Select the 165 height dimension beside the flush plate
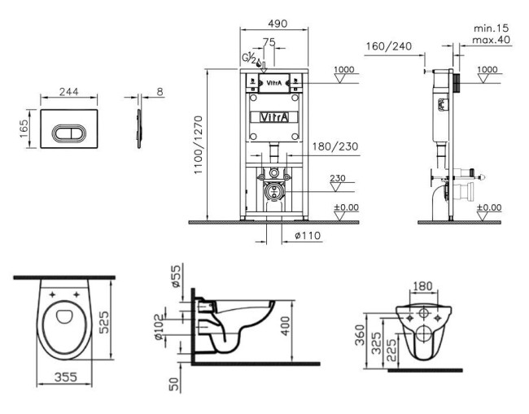[24, 129]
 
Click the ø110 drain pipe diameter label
[305, 237]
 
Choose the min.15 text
[491, 28]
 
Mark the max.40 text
[491, 39]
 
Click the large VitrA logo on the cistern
[273, 117]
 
